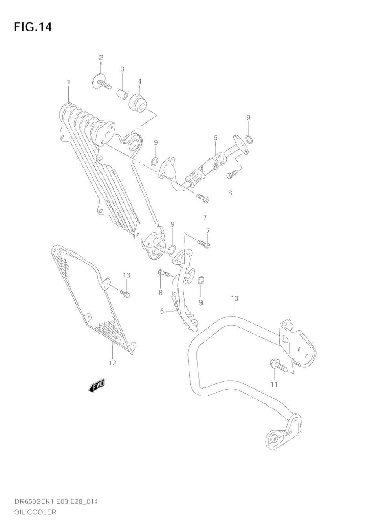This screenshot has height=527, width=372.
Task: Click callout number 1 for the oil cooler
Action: [68, 82]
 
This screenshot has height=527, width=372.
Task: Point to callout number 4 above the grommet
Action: [139, 81]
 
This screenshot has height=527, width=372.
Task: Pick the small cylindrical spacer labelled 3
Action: [122, 95]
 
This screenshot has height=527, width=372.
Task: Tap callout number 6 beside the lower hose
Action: [162, 311]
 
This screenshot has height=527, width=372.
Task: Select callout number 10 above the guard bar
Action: [235, 298]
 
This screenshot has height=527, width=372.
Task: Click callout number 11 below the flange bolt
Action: [274, 384]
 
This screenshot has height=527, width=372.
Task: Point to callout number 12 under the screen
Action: [112, 363]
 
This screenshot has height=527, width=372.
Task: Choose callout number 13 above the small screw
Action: [126, 275]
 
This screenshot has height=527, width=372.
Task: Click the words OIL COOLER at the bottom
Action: [35, 512]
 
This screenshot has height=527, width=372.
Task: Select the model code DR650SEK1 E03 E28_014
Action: [56, 501]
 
